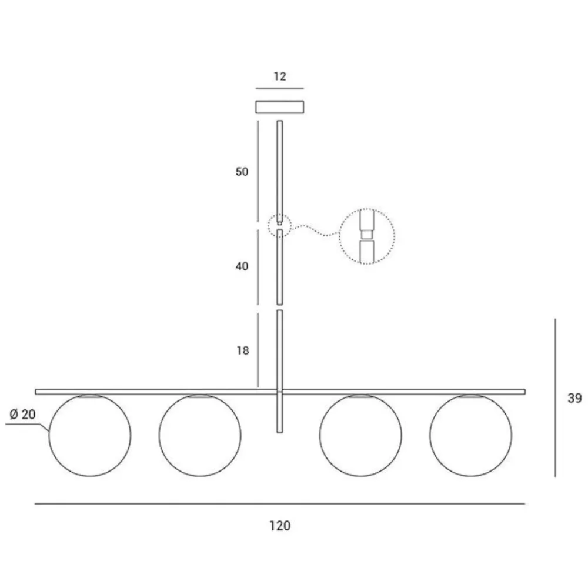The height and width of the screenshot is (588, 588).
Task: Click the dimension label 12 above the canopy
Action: tap(280, 76)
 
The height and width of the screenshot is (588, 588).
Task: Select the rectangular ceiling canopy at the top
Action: tap(280, 107)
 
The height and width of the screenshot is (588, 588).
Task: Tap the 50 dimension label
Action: tap(242, 172)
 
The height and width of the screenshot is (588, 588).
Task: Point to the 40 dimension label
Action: tap(242, 266)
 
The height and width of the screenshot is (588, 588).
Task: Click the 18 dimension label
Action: tap(243, 350)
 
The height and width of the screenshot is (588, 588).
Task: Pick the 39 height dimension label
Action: tap(574, 398)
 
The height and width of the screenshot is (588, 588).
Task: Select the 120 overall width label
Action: tap(280, 526)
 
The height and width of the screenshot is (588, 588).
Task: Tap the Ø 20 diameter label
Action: tap(22, 415)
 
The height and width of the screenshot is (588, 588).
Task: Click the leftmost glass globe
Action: tap(49, 436)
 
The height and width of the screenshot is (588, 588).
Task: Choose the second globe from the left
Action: tap(159, 436)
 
